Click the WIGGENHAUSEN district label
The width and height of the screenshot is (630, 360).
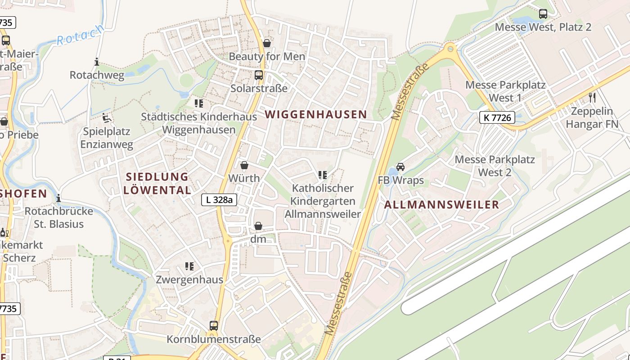tap(316, 114)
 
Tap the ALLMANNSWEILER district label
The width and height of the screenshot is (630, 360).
tap(441, 205)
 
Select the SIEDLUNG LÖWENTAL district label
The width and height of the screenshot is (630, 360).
tap(157, 183)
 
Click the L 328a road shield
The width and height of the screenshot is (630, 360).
tap(219, 200)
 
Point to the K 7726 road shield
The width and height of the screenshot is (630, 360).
tap(497, 118)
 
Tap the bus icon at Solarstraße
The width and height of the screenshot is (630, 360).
tap(259, 75)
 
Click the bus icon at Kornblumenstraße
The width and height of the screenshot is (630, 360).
tap(214, 325)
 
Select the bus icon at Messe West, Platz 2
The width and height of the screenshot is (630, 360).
tap(543, 14)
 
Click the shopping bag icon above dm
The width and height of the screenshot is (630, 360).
tap(258, 226)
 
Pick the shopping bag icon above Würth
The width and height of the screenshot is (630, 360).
tap(244, 166)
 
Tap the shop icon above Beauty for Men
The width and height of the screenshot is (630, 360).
tap(267, 43)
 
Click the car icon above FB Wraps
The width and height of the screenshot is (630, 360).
tap(400, 167)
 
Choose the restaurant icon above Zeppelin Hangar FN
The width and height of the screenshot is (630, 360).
tap(592, 97)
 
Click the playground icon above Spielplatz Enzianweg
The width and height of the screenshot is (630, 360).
tap(107, 118)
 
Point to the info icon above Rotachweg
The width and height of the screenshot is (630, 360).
tap(97, 62)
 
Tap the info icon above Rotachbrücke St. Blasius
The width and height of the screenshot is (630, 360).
tap(58, 198)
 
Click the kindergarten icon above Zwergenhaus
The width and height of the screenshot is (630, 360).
tap(189, 266)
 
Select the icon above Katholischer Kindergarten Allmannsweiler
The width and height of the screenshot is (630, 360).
tap(322, 175)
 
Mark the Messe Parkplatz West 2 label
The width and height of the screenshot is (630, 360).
tap(495, 166)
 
